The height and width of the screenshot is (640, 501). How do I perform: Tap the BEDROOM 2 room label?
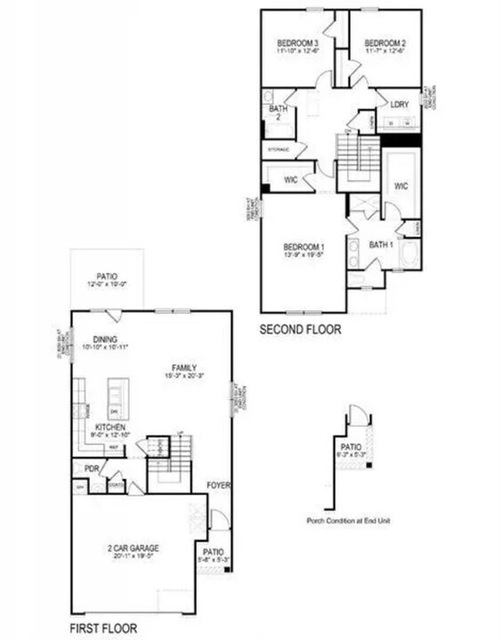pyautogui.click(x=384, y=43)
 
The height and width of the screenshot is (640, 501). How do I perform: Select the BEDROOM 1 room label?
pyautogui.click(x=303, y=246)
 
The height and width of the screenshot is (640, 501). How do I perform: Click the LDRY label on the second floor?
pyautogui.click(x=399, y=104)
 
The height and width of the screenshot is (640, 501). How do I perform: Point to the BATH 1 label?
pyautogui.click(x=381, y=244)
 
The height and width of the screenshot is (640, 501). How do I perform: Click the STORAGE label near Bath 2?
pyautogui.click(x=279, y=149)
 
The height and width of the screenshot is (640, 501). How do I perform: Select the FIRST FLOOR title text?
pyautogui.click(x=104, y=628)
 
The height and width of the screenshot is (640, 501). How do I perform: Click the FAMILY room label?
pyautogui.click(x=184, y=368)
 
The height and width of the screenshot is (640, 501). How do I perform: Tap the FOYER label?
pyautogui.click(x=218, y=485)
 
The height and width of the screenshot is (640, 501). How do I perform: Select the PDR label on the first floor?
pyautogui.click(x=91, y=468)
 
